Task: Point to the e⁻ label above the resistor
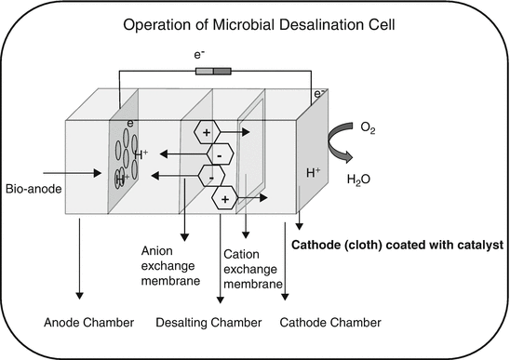coord(199,56)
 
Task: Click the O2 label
coord(368,132)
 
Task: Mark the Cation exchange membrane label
coord(250,268)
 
